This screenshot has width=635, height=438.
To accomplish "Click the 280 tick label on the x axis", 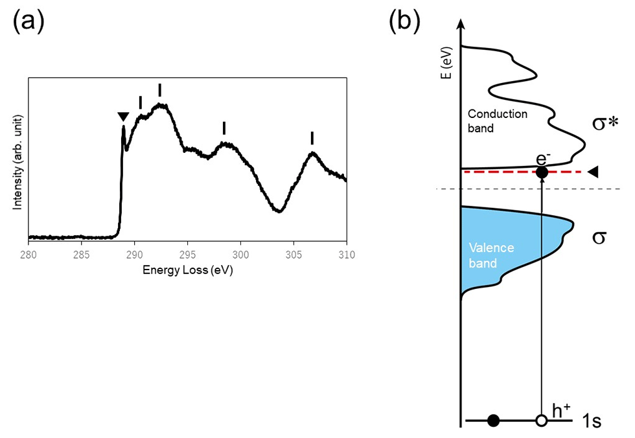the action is (x=29, y=255).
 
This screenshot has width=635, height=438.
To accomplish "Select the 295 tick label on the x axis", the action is (x=187, y=255).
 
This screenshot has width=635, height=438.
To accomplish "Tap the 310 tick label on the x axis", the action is (x=347, y=255).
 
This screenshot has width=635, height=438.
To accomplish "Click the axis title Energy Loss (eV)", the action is (x=187, y=270).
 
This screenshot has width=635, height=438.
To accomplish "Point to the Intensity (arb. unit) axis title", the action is (x=17, y=163).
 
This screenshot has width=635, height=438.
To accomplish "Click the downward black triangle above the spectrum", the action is (x=124, y=117).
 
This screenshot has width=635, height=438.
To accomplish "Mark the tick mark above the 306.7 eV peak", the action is (x=312, y=138).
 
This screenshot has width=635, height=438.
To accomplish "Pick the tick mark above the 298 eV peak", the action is (x=224, y=128).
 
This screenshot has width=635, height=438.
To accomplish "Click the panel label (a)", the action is (x=29, y=21).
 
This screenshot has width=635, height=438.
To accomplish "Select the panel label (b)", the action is (x=404, y=21).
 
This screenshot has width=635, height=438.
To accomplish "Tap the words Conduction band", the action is (x=498, y=121).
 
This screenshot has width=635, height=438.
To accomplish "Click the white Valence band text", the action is (x=491, y=255).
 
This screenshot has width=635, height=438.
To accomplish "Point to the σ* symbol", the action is (x=605, y=122).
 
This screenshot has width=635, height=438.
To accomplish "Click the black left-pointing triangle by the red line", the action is (x=593, y=172).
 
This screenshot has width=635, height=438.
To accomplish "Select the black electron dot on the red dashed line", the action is (x=542, y=172).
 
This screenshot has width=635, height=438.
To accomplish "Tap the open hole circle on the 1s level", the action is (x=542, y=421).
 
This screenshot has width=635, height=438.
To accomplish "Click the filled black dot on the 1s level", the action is (x=493, y=421).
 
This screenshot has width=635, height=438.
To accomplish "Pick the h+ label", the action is (x=561, y=411).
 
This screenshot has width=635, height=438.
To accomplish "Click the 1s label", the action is (x=592, y=421).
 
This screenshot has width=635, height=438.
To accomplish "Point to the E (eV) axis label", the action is (x=447, y=66).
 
